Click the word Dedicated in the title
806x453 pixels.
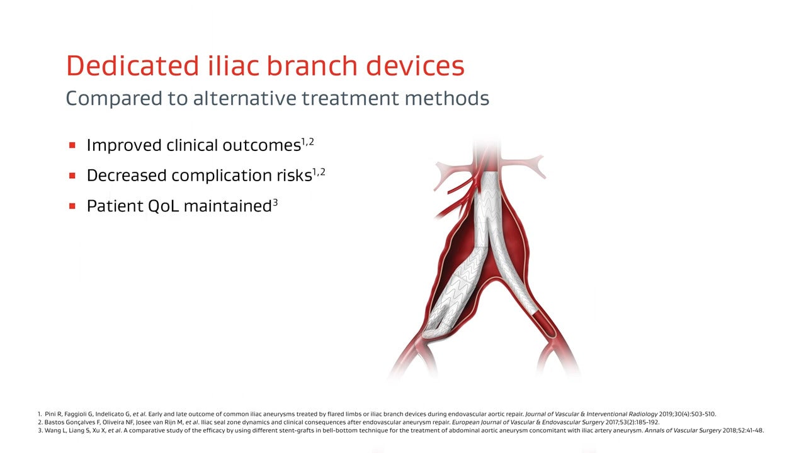(132, 65)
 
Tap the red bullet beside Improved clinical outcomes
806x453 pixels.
(72, 145)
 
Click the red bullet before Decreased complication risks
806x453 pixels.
(72, 176)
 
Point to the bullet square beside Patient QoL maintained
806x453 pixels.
(72, 206)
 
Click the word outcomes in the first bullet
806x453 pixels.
(261, 145)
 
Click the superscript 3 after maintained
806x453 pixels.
(275, 203)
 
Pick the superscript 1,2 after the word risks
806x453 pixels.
(319, 172)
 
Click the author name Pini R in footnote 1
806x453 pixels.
(53, 414)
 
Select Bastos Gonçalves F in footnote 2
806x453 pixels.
(72, 422)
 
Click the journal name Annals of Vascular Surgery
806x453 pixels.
(683, 430)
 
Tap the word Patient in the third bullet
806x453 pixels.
(115, 206)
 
